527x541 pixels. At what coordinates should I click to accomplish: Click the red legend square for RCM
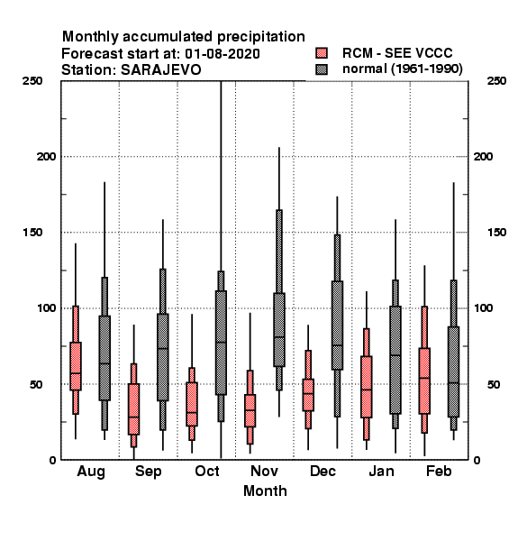point(322,53)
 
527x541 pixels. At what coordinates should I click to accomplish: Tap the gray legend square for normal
point(322,69)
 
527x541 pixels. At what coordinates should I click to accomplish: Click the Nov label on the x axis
point(264,471)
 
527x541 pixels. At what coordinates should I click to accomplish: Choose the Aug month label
point(91,472)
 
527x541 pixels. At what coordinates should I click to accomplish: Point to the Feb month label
point(439,471)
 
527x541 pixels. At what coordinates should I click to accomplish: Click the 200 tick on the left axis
point(46,156)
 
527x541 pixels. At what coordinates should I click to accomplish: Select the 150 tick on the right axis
point(496,233)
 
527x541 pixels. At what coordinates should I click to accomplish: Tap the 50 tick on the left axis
point(36,384)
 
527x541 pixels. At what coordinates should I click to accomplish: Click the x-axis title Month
point(265,491)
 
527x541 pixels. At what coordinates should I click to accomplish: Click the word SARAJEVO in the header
point(160,70)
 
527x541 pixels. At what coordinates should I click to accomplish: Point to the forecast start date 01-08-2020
point(223,54)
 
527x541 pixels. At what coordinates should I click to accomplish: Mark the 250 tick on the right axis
point(496,81)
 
